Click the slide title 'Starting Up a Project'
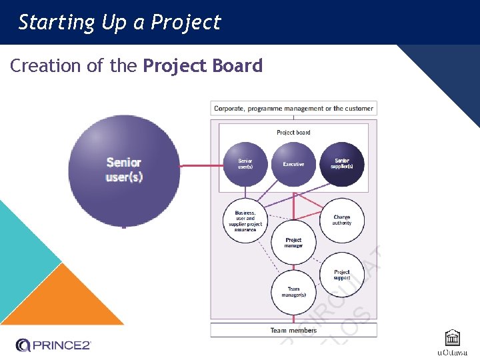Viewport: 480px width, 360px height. [119, 22]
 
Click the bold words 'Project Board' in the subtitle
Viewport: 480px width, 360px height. [203, 66]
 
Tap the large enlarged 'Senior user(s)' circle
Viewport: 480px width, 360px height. [124, 171]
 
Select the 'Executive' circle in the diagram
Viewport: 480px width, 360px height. [293, 164]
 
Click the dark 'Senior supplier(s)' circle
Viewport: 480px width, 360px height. [341, 164]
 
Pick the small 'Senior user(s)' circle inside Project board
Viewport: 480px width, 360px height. [245, 164]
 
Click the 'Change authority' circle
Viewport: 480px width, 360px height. [341, 220]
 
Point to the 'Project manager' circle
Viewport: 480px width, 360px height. [293, 242]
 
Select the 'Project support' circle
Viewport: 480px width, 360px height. [341, 274]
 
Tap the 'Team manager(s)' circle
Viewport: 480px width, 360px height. [293, 294]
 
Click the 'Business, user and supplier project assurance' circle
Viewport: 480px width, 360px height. [245, 221]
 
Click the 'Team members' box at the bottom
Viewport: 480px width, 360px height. [293, 330]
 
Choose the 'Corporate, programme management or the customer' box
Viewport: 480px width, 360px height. [293, 108]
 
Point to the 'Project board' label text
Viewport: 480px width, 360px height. [293, 133]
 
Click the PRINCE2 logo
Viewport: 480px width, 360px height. [53, 345]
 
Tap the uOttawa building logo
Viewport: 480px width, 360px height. [452, 339]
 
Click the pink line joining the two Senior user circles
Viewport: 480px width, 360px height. [201, 166]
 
